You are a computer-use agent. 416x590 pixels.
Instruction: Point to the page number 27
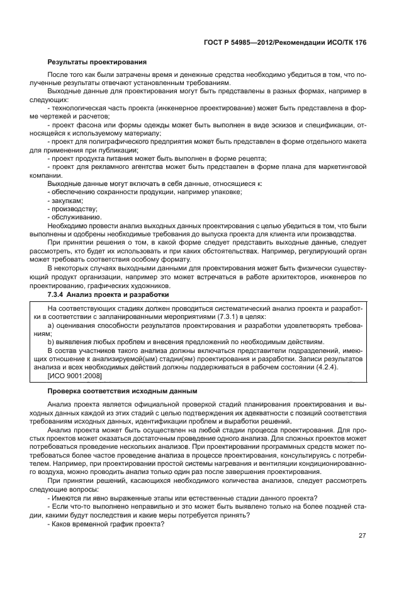362,536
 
